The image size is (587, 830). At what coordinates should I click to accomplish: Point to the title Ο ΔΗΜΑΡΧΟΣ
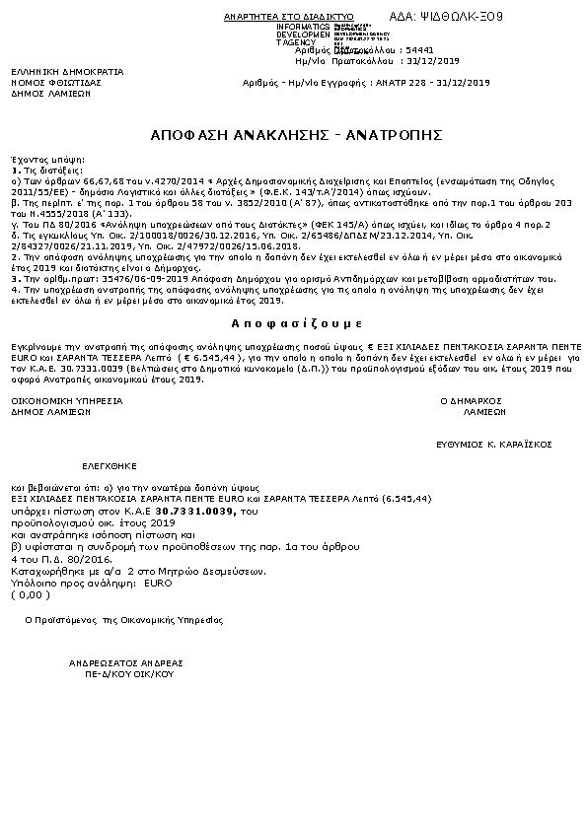[x=471, y=401]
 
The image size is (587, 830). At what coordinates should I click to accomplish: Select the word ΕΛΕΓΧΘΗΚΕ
[x=110, y=463]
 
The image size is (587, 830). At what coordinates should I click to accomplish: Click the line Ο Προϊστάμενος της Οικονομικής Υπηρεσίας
[x=123, y=620]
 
